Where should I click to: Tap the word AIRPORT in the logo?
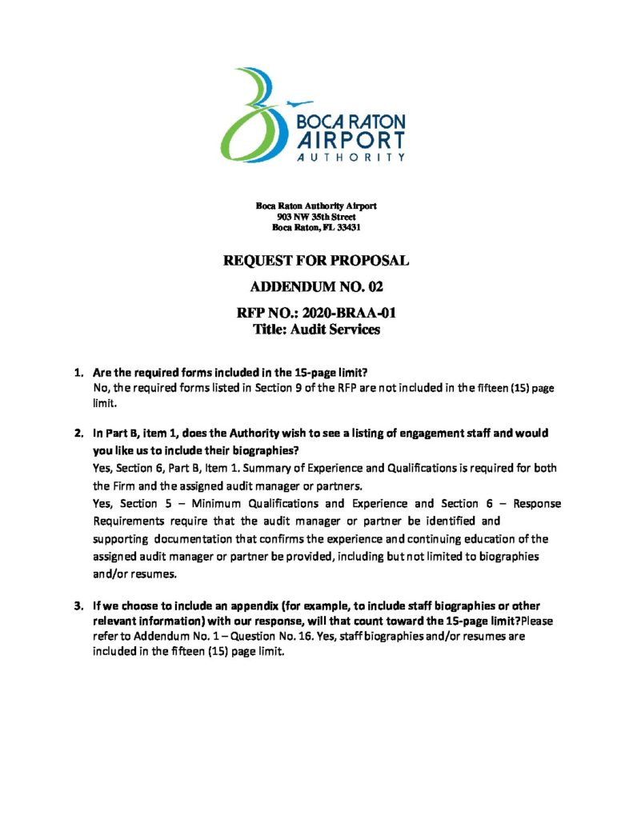[351, 139]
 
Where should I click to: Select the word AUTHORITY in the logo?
[351, 158]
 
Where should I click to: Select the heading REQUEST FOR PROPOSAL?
[316, 261]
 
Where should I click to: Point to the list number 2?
[78, 433]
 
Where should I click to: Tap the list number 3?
[78, 605]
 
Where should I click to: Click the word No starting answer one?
[101, 388]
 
